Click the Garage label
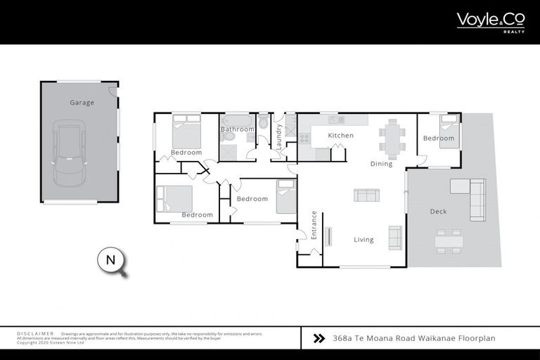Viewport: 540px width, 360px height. click(x=82, y=103)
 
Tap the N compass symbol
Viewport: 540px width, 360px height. click(x=110, y=260)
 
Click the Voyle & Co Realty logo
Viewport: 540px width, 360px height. click(x=490, y=20)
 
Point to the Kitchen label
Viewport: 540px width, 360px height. click(x=341, y=135)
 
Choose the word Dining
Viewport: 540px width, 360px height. click(x=381, y=164)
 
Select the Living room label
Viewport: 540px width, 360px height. click(x=364, y=240)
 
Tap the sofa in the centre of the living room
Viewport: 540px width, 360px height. click(x=366, y=195)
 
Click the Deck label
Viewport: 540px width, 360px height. click(x=438, y=211)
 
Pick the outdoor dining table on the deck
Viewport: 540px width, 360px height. click(x=448, y=241)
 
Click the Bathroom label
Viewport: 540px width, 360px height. click(x=237, y=129)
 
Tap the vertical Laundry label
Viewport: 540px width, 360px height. click(x=279, y=136)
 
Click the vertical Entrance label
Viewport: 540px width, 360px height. click(x=314, y=226)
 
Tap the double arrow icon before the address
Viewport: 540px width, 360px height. click(x=319, y=338)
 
